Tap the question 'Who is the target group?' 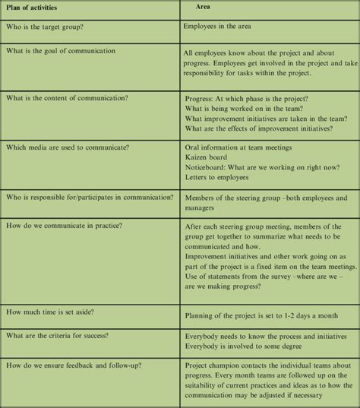click(46, 26)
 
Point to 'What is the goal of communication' click(61, 51)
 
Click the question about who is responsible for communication click(90, 198)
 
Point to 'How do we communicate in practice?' click(64, 226)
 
